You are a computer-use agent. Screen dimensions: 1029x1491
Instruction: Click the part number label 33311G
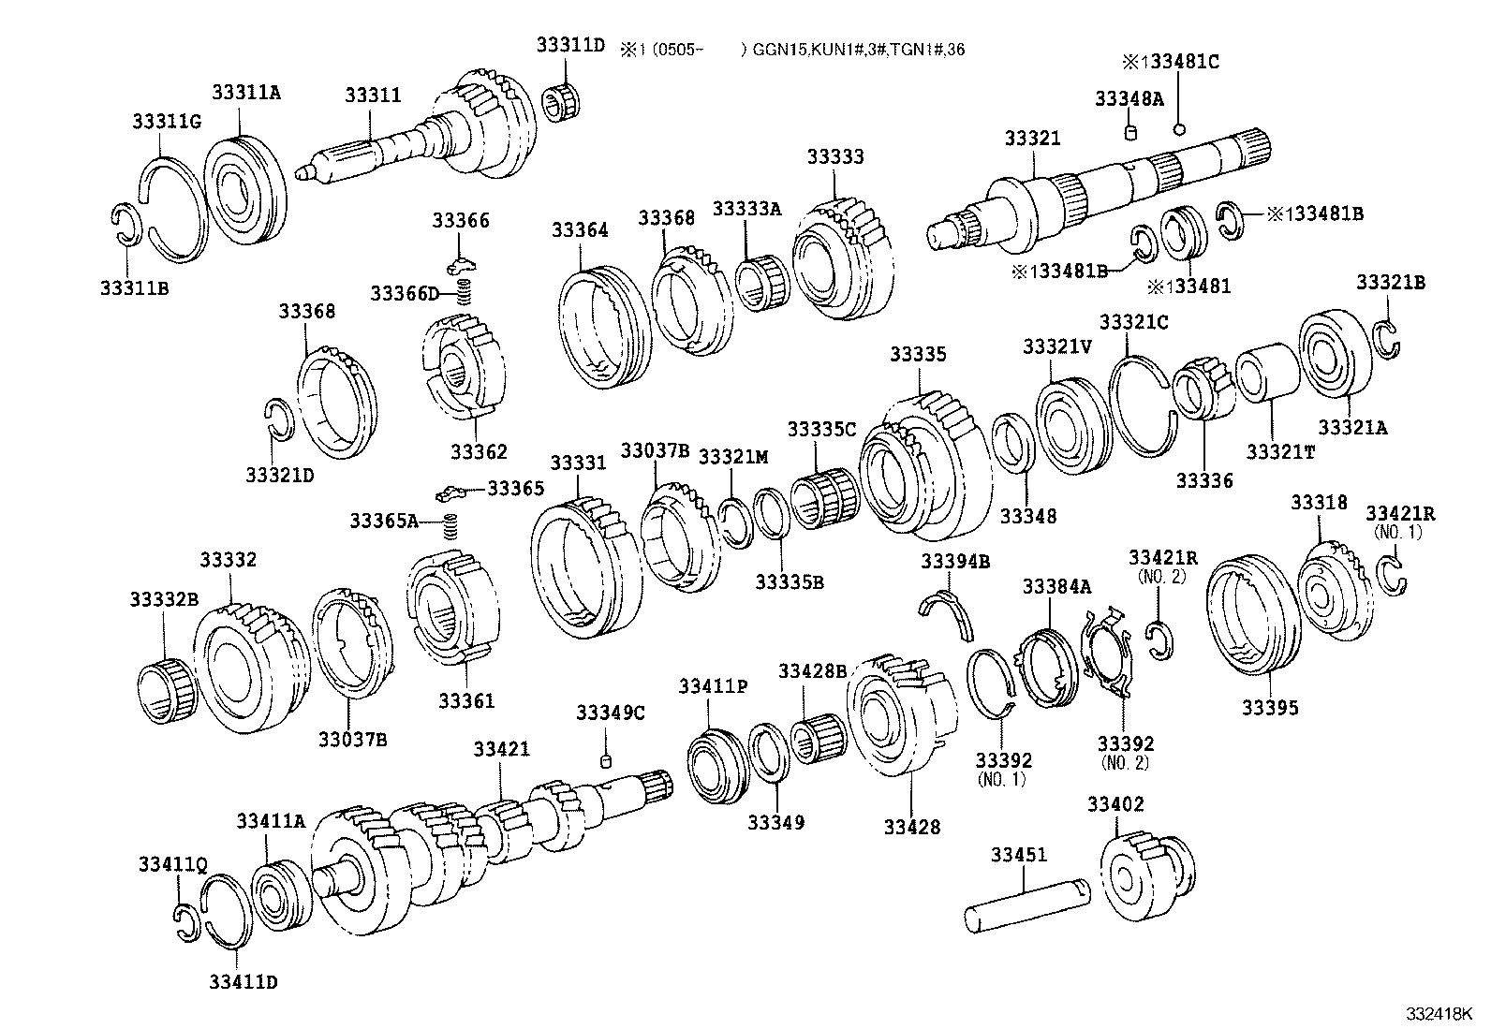166,121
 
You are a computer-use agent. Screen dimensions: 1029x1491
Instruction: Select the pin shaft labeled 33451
1026,904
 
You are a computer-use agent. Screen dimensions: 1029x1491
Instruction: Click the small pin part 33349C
606,758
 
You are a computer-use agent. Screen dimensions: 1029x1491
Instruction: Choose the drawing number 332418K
1438,1015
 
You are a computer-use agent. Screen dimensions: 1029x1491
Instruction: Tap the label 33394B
954,561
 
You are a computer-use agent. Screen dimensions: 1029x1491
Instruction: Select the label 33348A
1129,98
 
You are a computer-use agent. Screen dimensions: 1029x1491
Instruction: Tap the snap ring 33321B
1387,338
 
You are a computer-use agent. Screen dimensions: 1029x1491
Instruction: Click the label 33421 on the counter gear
501,749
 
